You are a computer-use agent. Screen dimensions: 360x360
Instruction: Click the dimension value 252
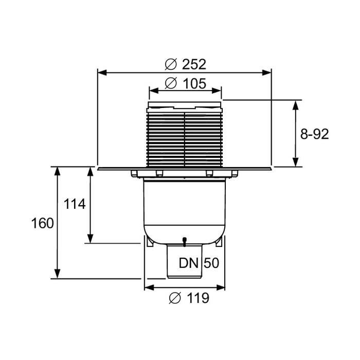point(194,64)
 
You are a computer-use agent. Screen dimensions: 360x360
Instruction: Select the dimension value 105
point(194,83)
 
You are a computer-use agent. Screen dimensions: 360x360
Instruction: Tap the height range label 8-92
point(315,134)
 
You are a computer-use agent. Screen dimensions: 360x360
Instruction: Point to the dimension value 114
point(75,204)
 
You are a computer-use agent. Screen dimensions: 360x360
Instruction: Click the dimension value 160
point(43,223)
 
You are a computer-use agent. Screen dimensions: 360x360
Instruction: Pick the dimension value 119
point(198,298)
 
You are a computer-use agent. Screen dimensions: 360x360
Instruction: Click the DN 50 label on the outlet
point(199,263)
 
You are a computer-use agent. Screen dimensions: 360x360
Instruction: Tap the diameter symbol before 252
point(171,64)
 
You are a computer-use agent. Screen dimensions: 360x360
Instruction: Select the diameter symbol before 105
point(171,83)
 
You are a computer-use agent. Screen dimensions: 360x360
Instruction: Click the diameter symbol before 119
point(175,298)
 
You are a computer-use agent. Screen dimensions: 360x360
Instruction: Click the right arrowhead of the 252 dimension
point(266,73)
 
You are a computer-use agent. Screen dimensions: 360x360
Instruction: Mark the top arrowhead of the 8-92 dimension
point(296,105)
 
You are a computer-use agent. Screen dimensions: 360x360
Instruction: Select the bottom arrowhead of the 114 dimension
point(91,238)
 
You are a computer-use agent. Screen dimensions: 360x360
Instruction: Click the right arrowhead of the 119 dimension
point(220,287)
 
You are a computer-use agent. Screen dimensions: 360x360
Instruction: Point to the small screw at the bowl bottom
point(184,242)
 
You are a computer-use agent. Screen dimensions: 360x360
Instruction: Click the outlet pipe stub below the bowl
point(184,262)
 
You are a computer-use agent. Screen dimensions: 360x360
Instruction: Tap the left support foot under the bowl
point(150,242)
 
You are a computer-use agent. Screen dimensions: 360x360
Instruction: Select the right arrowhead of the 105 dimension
point(217,91)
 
